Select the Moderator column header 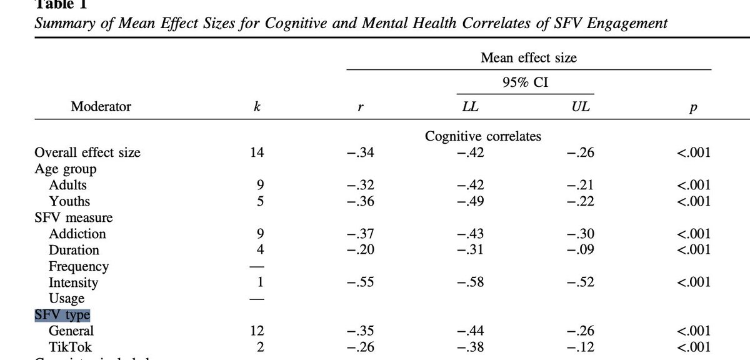coord(101,106)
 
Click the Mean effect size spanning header coord(529,58)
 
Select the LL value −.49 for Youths coord(470,201)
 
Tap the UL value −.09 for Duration coord(577,250)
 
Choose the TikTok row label coord(70,347)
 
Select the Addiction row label coord(77,234)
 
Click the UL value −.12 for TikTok coord(577,347)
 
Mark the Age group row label coord(66,169)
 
